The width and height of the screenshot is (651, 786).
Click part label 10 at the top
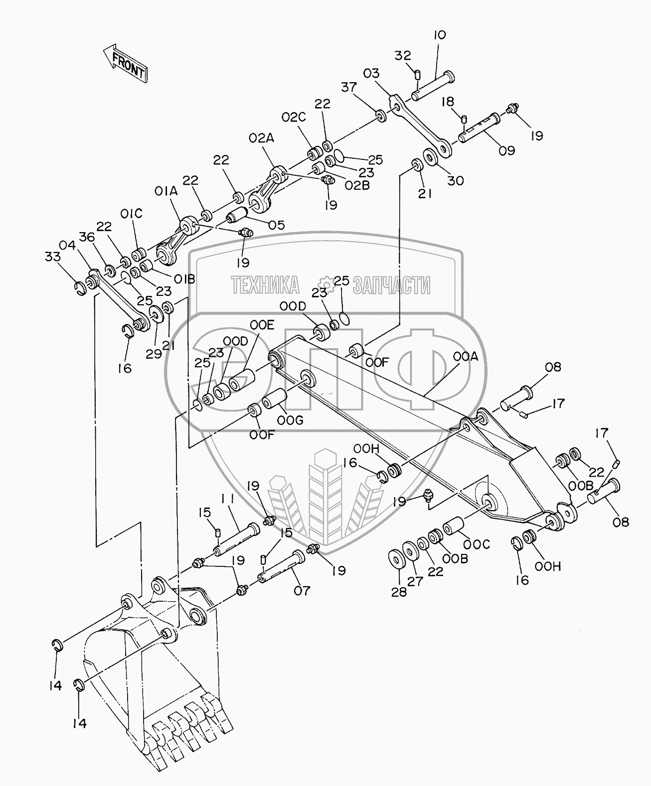(x=439, y=35)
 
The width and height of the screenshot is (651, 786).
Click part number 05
(x=276, y=225)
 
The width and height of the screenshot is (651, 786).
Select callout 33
(x=53, y=257)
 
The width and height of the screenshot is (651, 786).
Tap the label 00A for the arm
(x=466, y=357)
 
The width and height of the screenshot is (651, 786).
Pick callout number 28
(x=399, y=591)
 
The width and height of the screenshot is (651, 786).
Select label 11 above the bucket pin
(x=230, y=499)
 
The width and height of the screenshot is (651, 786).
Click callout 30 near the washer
(x=455, y=180)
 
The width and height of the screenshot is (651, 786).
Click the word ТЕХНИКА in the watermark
(x=265, y=284)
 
